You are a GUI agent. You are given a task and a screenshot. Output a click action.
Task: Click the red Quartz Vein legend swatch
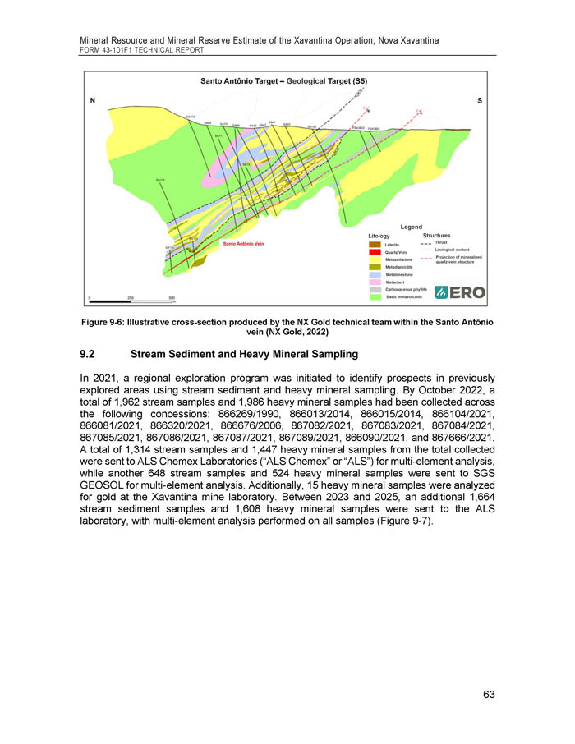(375, 251)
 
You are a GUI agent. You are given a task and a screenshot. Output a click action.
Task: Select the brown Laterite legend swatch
(375, 244)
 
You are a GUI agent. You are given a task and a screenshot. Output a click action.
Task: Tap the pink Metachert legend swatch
(375, 282)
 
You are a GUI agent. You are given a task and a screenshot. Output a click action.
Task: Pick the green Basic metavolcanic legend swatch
(375, 296)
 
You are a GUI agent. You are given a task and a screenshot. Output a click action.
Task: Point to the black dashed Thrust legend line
(425, 243)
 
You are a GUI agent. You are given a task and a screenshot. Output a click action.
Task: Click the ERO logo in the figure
(460, 292)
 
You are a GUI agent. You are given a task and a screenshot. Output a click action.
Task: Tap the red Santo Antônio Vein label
(244, 244)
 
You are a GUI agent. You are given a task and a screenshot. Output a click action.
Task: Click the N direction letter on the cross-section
(93, 101)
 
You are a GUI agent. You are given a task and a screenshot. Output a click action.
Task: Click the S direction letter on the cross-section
(479, 101)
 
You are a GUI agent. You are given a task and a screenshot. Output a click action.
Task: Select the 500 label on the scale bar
(172, 297)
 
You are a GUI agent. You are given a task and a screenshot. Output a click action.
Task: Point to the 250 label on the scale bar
(131, 297)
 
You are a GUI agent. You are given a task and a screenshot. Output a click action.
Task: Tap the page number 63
(489, 695)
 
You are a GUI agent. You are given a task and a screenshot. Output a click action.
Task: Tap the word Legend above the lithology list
(411, 226)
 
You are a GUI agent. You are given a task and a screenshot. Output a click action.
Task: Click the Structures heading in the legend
(436, 236)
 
